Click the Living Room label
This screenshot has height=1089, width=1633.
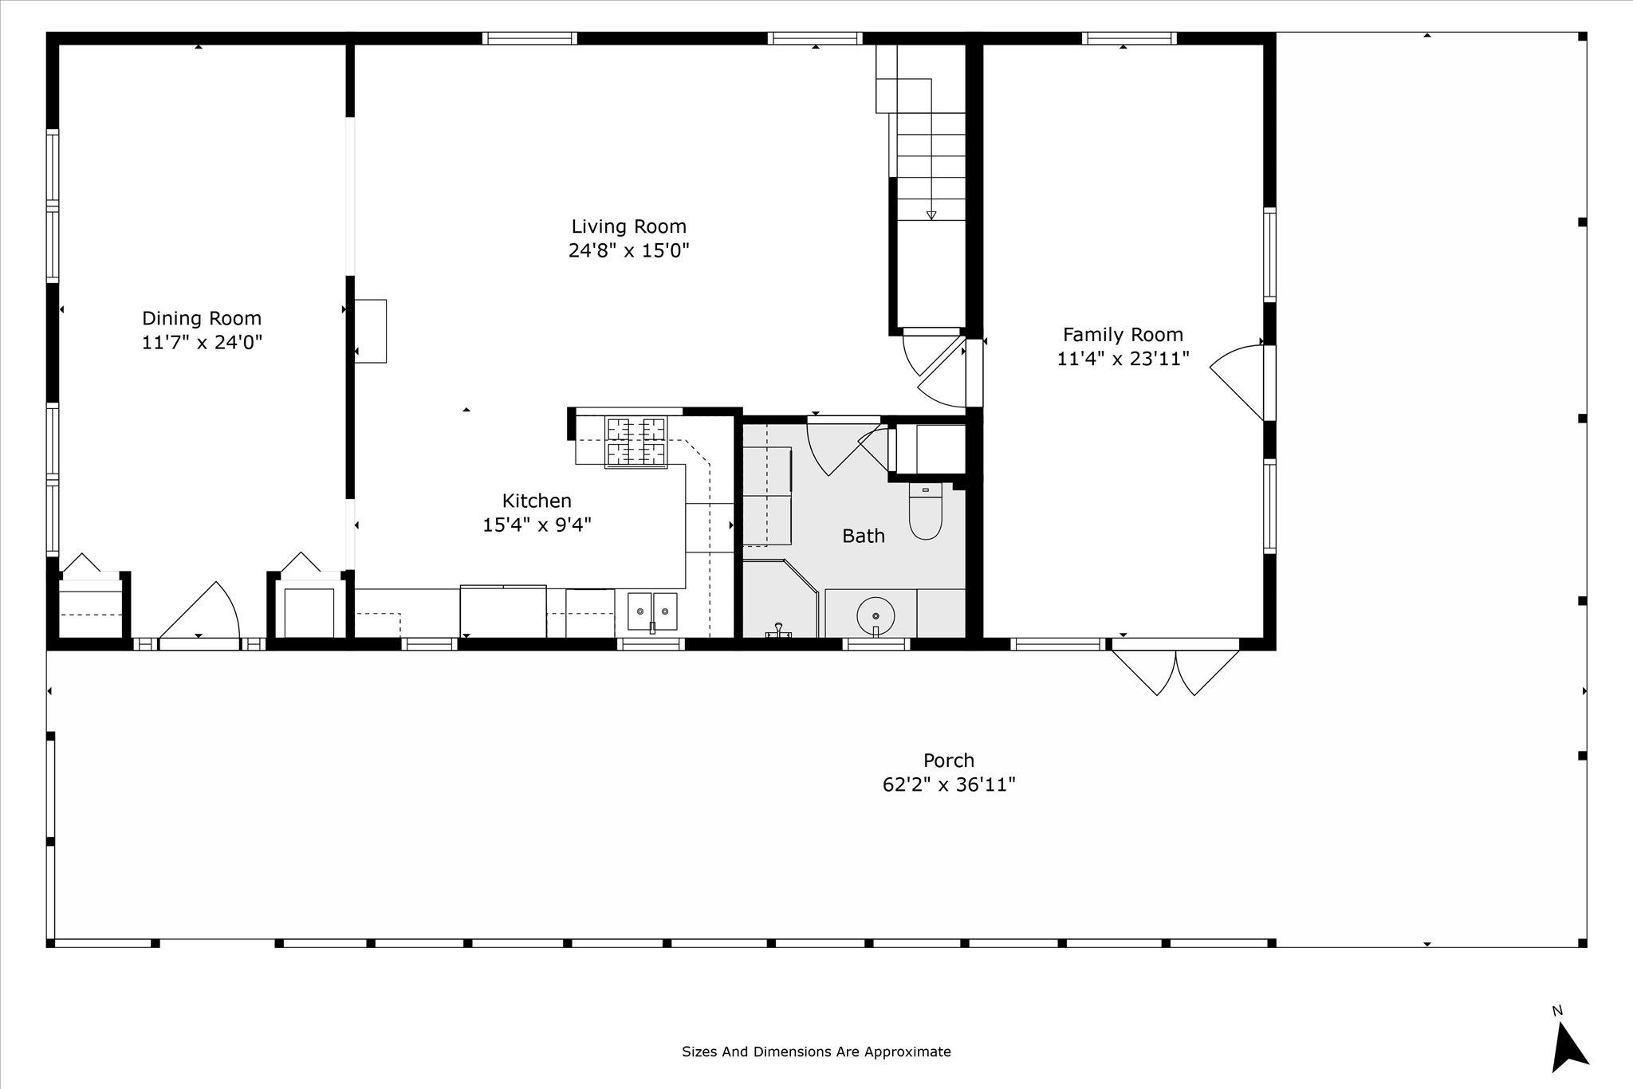coord(628,227)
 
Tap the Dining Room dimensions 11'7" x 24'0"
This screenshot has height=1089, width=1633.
coord(202,342)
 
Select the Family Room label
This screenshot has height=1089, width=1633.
coord(1123,335)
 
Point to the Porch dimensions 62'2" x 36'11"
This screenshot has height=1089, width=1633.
coord(949,784)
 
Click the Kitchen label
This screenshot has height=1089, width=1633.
coord(537,501)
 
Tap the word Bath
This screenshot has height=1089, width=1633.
coord(864,536)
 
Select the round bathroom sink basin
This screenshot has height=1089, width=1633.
coord(876,615)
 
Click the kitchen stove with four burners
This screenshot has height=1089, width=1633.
coord(636,442)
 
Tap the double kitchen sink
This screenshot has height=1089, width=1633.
coord(652,612)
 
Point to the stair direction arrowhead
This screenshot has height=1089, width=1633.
coord(931,214)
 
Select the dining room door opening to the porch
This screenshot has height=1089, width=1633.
coord(199,611)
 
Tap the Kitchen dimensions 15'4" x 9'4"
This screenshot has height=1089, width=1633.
coord(537,525)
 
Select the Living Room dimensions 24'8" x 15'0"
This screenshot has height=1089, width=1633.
coord(628,251)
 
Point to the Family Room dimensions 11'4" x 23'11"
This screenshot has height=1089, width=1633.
coord(1123,359)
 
